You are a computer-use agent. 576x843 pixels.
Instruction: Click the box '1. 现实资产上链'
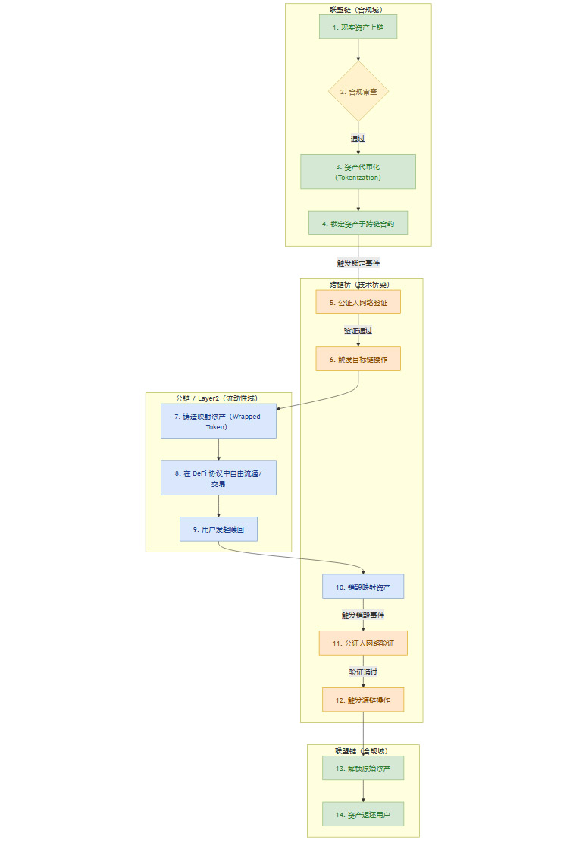pos(358,27)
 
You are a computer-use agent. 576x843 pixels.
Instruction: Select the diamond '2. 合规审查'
pos(358,91)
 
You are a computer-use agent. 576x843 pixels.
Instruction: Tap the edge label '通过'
pos(358,139)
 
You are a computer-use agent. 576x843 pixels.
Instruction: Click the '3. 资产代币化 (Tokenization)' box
pos(358,171)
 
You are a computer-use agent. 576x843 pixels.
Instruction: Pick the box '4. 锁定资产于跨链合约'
pos(358,223)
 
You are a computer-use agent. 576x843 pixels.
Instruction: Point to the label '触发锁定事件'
pos(358,263)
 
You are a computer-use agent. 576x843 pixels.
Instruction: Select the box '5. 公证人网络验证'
pos(358,302)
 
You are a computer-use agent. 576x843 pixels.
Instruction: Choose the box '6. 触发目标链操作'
pos(358,358)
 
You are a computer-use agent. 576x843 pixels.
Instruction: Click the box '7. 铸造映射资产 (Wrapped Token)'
pos(218,421)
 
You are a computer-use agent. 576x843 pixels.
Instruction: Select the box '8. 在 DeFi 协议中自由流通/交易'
pos(218,478)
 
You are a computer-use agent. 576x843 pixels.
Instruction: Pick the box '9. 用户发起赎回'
pos(218,529)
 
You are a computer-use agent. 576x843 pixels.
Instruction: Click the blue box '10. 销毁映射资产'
pos(363,587)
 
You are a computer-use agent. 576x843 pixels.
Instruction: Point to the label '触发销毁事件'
pos(363,615)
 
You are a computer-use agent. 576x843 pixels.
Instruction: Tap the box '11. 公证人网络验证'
pos(363,643)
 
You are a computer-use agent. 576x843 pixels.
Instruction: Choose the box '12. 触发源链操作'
pos(363,700)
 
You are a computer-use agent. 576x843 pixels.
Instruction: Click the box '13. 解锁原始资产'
pos(363,768)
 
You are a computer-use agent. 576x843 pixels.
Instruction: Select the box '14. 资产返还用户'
pos(363,814)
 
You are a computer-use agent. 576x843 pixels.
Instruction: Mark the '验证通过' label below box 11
pos(363,672)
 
